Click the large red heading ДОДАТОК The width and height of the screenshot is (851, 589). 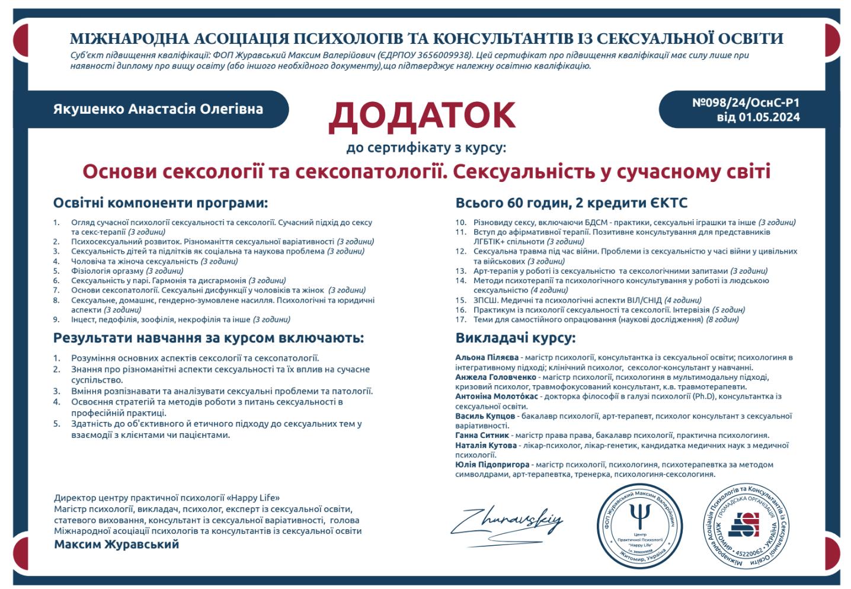click(x=422, y=115)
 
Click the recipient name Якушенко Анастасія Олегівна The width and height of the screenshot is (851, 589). click(x=158, y=109)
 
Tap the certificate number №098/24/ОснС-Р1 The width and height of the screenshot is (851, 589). click(x=746, y=103)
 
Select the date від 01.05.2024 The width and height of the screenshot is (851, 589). click(x=758, y=117)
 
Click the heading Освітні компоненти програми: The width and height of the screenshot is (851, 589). click(x=161, y=203)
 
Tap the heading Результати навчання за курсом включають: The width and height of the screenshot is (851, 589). click(x=208, y=338)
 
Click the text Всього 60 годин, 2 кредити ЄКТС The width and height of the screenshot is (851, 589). click(x=571, y=203)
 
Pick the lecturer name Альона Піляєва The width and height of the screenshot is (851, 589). click(x=487, y=357)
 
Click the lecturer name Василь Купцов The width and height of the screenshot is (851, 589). click(x=485, y=416)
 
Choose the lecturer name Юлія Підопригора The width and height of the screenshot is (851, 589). click(x=492, y=465)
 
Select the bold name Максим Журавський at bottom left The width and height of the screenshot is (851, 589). click(x=116, y=544)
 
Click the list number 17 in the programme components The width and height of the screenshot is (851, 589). click(x=461, y=319)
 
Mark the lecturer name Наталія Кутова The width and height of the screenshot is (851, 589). click(x=486, y=445)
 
